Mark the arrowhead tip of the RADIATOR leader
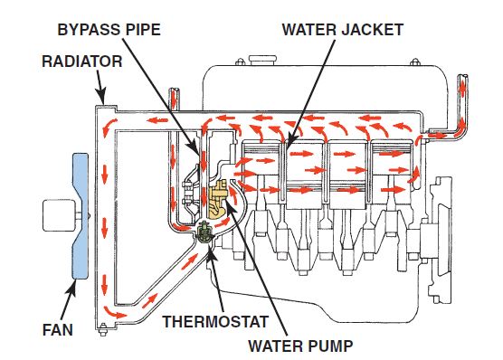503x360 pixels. click(106, 102)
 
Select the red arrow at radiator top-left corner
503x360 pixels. click(109, 119)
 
